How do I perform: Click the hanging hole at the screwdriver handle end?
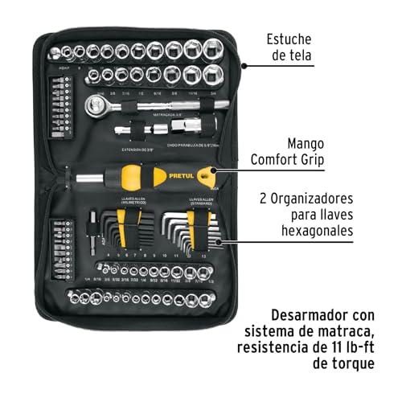pos(208,172)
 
